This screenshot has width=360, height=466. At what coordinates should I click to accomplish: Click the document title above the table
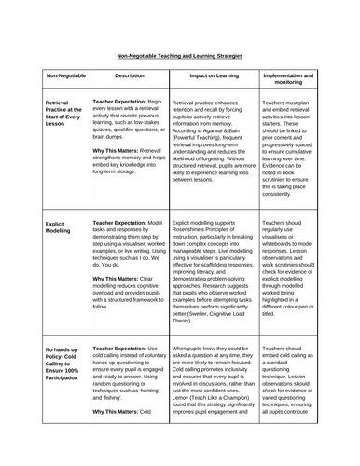[180, 55]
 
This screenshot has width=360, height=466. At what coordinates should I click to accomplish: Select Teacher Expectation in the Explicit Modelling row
[124, 223]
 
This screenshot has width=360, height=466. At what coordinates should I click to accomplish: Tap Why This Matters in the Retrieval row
[120, 174]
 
